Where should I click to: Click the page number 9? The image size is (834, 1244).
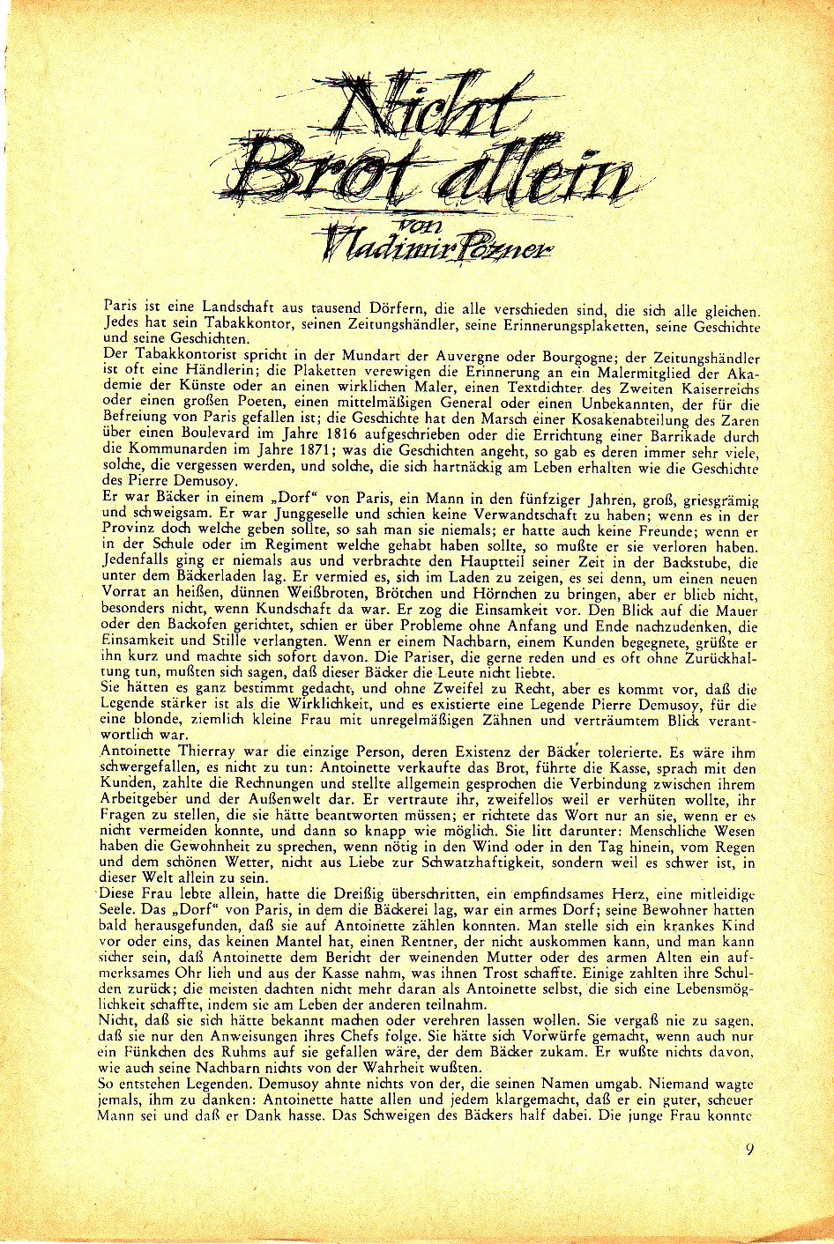coord(748,1149)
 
